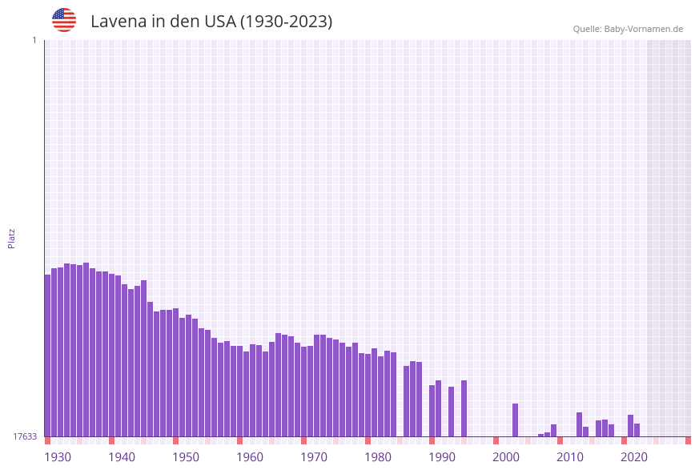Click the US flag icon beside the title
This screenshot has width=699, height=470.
click(64, 20)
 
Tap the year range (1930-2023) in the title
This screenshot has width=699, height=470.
click(286, 22)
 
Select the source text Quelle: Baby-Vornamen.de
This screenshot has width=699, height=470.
click(628, 29)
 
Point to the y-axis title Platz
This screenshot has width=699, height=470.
click(12, 238)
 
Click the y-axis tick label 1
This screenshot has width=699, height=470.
click(34, 40)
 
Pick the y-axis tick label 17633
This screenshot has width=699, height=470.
click(24, 436)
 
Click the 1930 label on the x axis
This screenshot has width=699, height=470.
click(58, 456)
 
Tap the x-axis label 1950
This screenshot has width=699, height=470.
click(186, 456)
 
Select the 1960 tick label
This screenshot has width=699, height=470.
click(250, 456)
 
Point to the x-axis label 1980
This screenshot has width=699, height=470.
click(378, 456)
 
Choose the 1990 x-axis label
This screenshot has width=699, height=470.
click(442, 456)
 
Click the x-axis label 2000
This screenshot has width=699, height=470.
click(506, 456)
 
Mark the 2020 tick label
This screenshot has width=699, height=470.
click(634, 456)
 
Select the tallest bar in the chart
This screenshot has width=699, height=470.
click(86, 349)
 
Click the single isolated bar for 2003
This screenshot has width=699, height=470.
click(515, 420)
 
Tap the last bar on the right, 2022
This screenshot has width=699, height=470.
click(637, 430)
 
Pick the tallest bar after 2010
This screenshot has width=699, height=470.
click(579, 424)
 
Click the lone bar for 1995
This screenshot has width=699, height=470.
click(464, 408)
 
